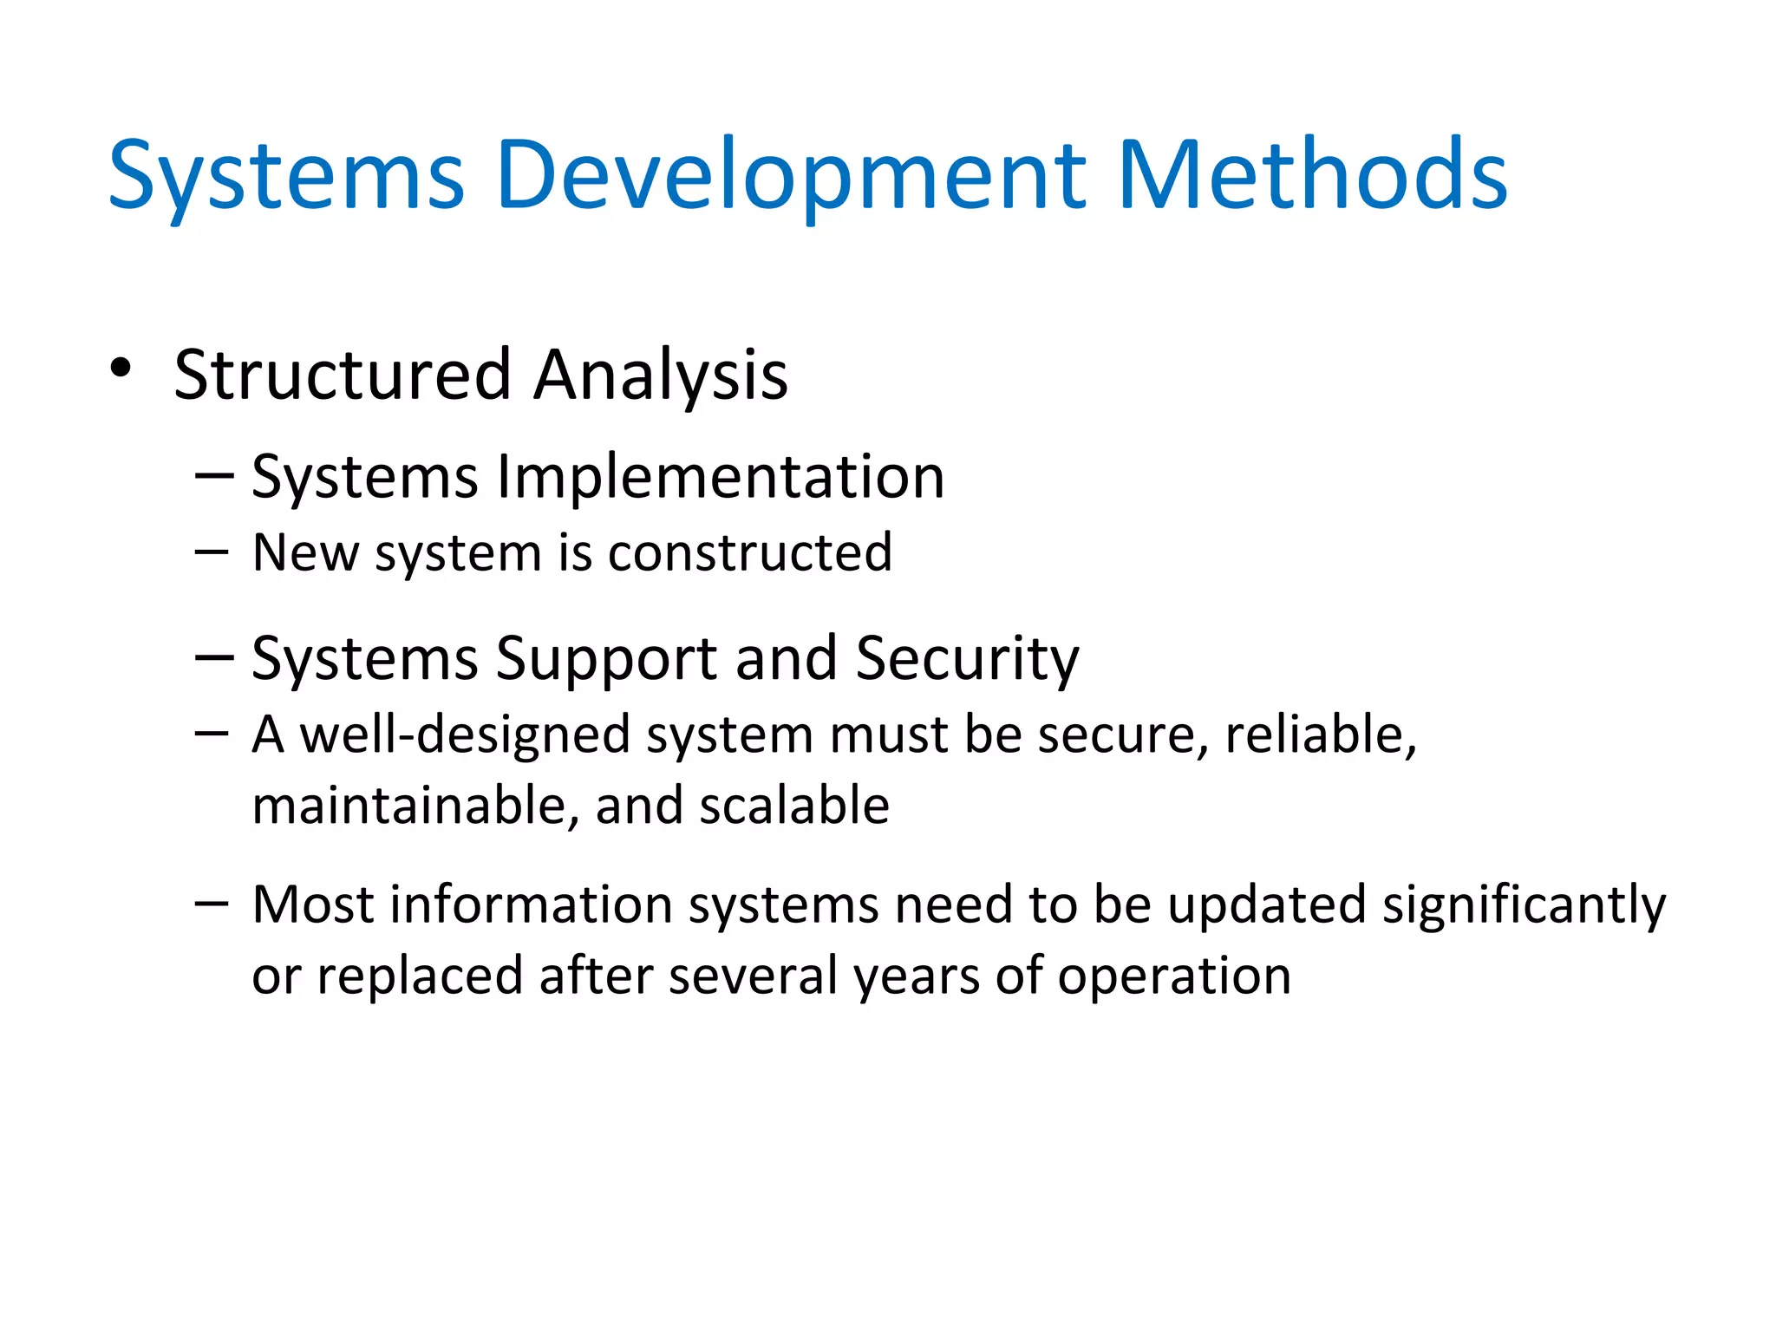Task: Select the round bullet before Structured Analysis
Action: pyautogui.click(x=121, y=369)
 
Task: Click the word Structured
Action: pyautogui.click(x=342, y=375)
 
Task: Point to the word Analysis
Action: pyautogui.click(x=660, y=376)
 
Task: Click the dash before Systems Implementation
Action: pyautogui.click(x=214, y=476)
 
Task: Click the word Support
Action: pyautogui.click(x=605, y=659)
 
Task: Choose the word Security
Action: pyautogui.click(x=967, y=659)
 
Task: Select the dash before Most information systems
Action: pyautogui.click(x=212, y=904)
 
